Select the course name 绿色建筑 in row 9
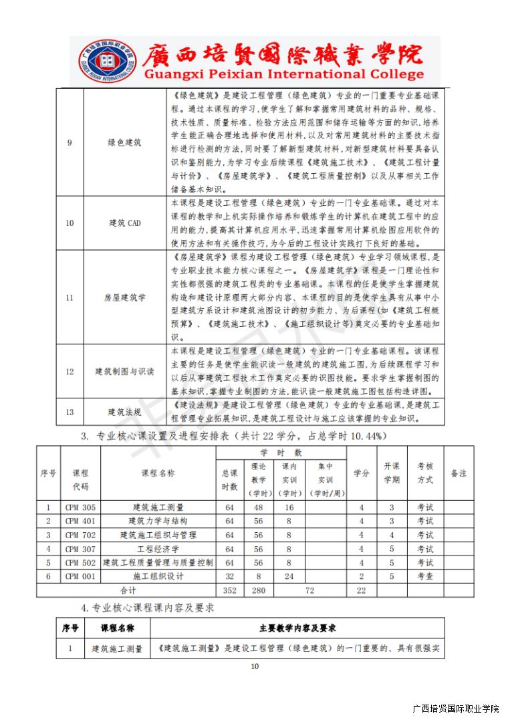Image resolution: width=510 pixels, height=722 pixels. click(x=124, y=142)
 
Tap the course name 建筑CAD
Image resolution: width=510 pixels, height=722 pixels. click(x=124, y=223)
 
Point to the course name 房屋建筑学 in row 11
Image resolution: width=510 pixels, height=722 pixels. click(x=124, y=297)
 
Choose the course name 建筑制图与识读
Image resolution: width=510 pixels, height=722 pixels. click(x=124, y=372)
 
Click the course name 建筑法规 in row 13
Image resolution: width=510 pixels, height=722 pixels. click(x=124, y=412)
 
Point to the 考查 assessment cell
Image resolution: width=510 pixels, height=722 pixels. click(x=425, y=576)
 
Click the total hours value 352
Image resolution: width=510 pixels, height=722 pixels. click(x=229, y=590)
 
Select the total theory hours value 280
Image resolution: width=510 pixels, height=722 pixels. click(x=258, y=590)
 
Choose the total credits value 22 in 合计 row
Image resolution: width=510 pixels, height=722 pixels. click(x=362, y=590)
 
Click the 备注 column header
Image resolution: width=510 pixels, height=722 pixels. click(x=459, y=473)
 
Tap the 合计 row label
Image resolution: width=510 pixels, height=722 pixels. click(x=127, y=590)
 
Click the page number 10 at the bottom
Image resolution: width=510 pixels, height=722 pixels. click(x=254, y=666)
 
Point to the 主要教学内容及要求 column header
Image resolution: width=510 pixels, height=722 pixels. click(x=297, y=628)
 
